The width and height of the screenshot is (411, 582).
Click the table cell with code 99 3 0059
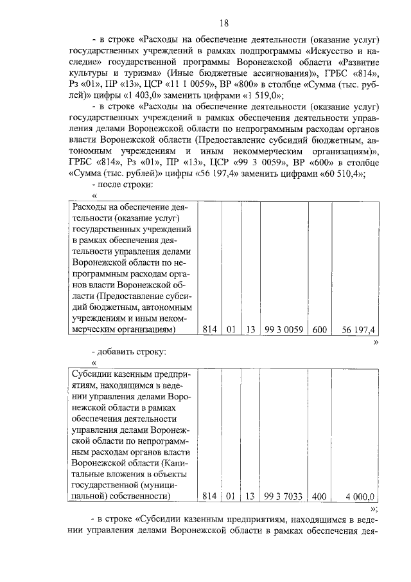pyautogui.click(x=284, y=329)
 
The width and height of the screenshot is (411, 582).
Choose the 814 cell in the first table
pyautogui.click(x=210, y=329)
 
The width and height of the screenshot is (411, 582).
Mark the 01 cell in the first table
pyautogui.click(x=231, y=329)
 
